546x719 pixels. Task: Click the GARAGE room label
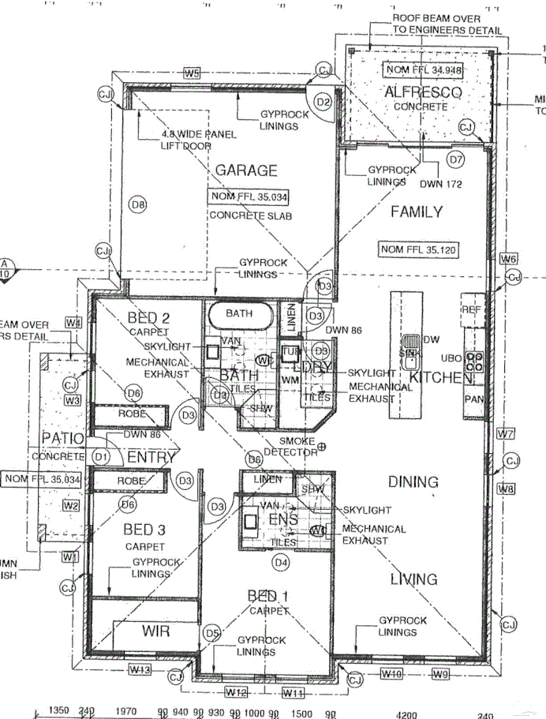[x=246, y=170]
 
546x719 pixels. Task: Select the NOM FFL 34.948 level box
[x=423, y=69]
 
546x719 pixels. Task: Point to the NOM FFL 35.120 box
[x=419, y=249]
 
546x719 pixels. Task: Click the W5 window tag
[x=192, y=73]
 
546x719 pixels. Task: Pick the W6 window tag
[x=508, y=259]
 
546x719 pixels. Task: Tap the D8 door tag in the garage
[x=139, y=205]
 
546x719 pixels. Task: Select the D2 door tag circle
[x=322, y=102]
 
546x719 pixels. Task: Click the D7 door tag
[x=455, y=159]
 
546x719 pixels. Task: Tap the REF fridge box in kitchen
[x=472, y=309]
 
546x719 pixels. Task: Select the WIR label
[x=155, y=631]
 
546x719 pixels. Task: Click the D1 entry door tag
[x=101, y=456]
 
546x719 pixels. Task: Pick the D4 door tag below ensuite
[x=280, y=562]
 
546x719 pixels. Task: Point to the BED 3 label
[x=144, y=529]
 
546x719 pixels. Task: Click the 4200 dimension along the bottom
[x=406, y=713]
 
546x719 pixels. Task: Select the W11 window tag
[x=294, y=693]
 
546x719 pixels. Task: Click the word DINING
[x=413, y=482]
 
